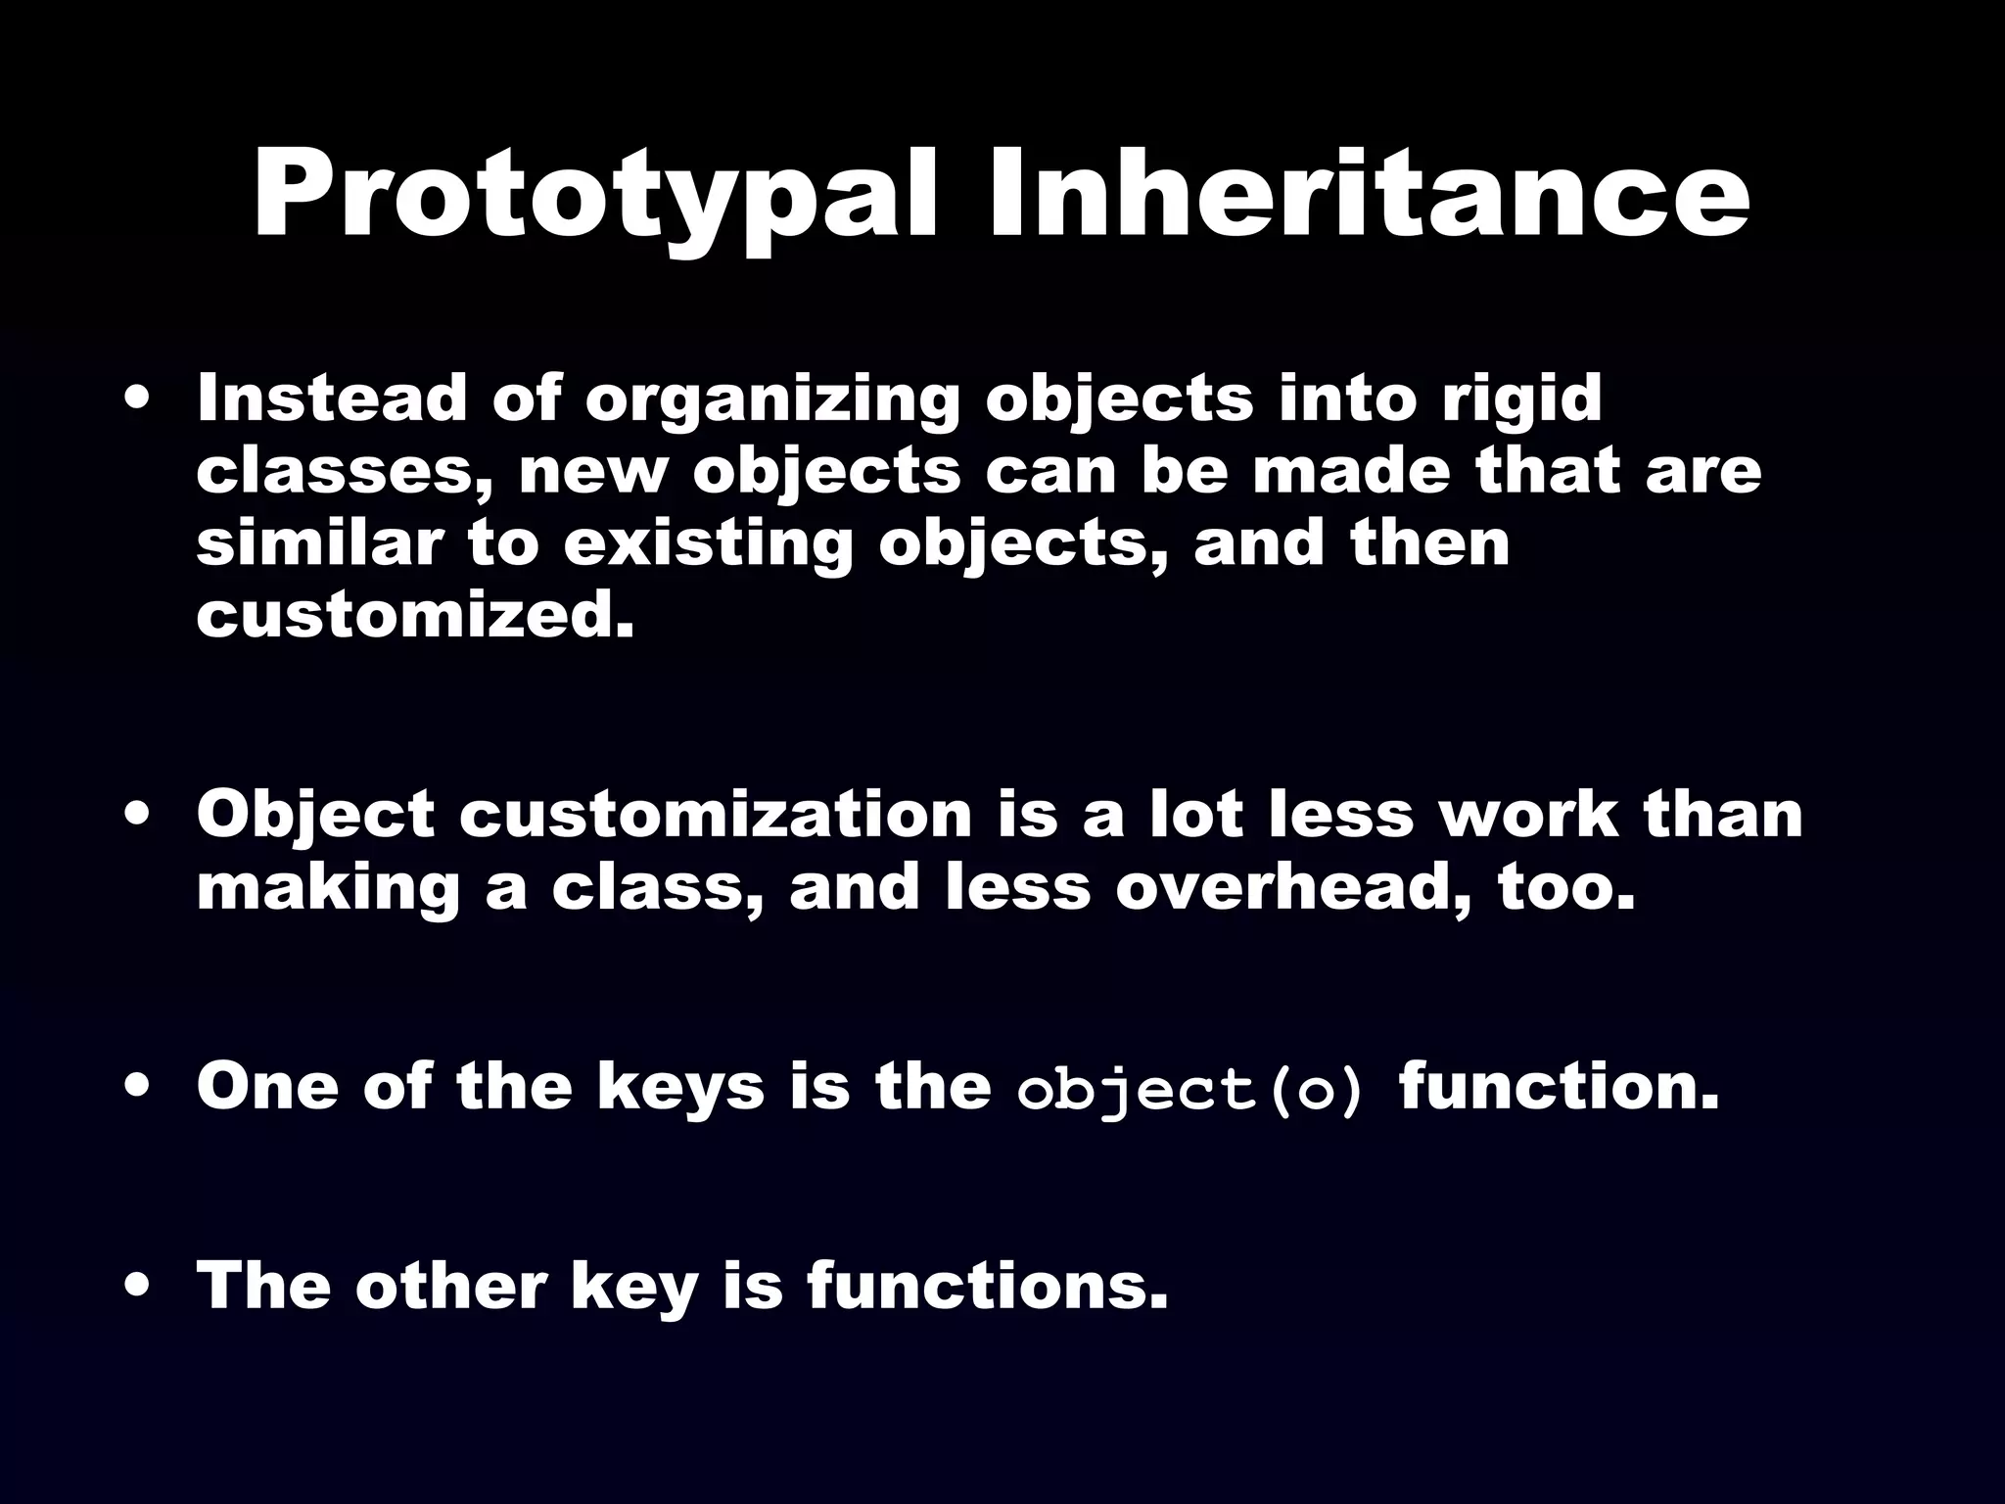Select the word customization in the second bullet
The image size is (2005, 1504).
click(x=715, y=815)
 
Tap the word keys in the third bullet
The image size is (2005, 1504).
click(x=680, y=1088)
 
